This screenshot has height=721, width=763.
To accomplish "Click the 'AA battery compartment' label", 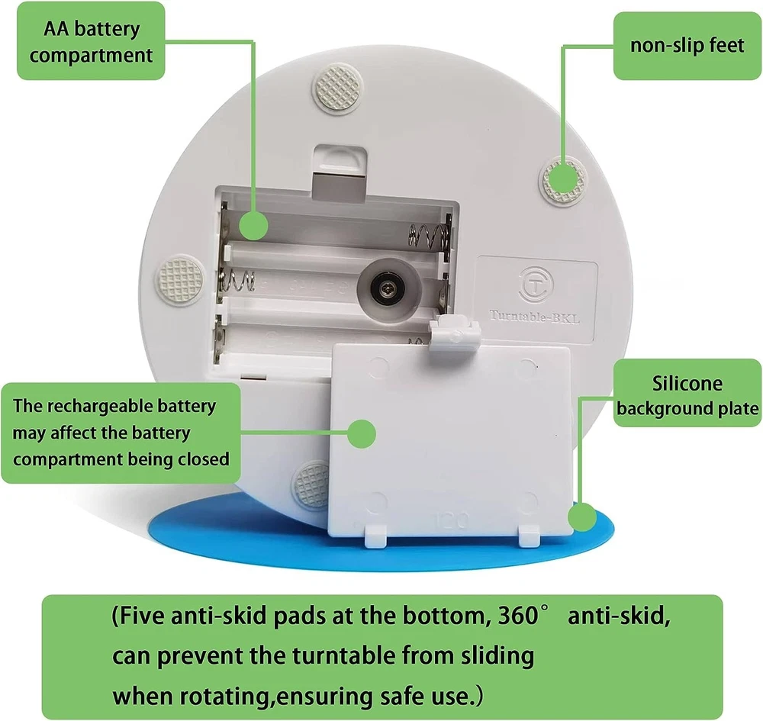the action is point(91,41).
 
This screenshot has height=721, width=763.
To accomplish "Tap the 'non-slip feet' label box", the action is point(687,46).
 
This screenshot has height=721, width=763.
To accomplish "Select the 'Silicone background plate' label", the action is point(687,393).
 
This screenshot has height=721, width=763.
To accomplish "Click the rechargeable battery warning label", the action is point(121,433).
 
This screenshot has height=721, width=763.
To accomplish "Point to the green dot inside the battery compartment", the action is point(253,225).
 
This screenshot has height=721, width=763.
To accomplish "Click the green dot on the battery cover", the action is point(362,433).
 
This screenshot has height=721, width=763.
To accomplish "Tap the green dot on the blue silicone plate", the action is point(582,517).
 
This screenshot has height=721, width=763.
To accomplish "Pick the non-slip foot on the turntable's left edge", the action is point(180,279).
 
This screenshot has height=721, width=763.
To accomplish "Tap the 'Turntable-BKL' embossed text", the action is point(534,317).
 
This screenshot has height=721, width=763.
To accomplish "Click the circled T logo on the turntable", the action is point(536,285).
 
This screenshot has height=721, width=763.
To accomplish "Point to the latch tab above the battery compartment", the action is point(339,173).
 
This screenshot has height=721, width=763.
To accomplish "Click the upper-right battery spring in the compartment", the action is point(428,234).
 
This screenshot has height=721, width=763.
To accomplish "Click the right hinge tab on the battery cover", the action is point(529,535).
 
